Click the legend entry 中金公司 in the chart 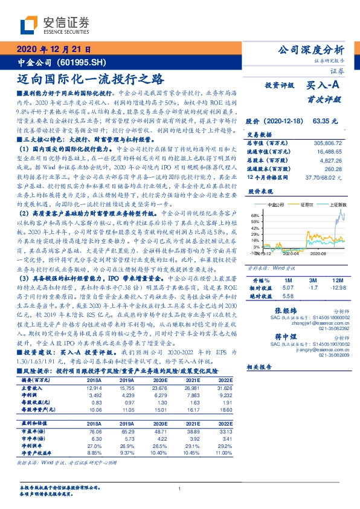click(x=274, y=205)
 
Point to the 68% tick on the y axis click(x=256, y=215)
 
